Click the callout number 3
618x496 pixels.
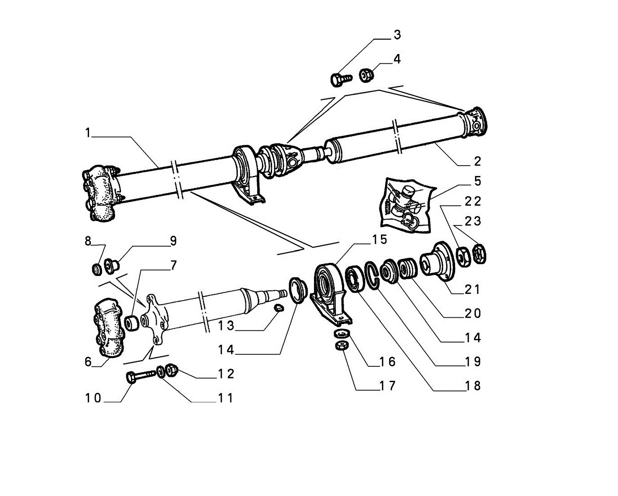click(x=397, y=35)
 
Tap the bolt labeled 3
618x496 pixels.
click(x=340, y=79)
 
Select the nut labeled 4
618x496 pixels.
click(x=367, y=75)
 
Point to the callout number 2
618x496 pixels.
click(x=477, y=161)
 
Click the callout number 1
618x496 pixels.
click(x=88, y=133)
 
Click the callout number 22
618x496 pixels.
click(x=473, y=202)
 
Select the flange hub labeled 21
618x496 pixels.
click(x=438, y=261)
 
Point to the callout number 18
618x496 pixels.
click(x=473, y=386)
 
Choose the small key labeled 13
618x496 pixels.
click(x=278, y=308)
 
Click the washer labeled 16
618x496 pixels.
click(x=342, y=334)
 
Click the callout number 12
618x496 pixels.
click(x=226, y=374)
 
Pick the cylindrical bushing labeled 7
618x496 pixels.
click(x=132, y=323)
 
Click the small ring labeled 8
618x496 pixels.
click(x=97, y=270)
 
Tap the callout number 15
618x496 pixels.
click(x=380, y=239)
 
